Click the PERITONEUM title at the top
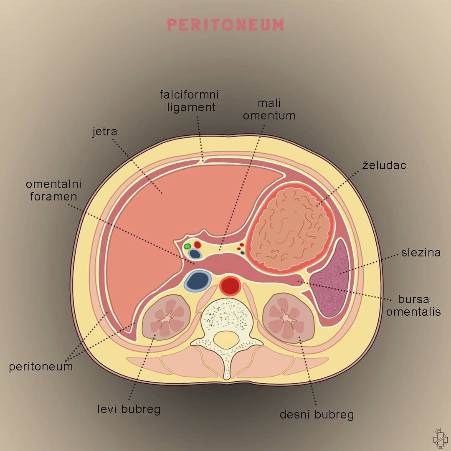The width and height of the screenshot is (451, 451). pyautogui.click(x=225, y=25)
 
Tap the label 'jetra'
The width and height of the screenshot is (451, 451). pyautogui.click(x=105, y=132)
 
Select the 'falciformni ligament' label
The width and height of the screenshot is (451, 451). pyautogui.click(x=190, y=101)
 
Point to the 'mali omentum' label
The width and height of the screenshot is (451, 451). pyautogui.click(x=269, y=109)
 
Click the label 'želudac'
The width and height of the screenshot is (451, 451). pyautogui.click(x=384, y=165)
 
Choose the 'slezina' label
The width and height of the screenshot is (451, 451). pyautogui.click(x=421, y=253)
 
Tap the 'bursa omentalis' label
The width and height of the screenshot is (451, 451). pyautogui.click(x=413, y=305)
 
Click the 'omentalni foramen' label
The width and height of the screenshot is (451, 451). pyautogui.click(x=54, y=190)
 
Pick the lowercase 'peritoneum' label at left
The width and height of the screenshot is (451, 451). pyautogui.click(x=41, y=367)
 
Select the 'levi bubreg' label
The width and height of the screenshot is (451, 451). pyautogui.click(x=129, y=409)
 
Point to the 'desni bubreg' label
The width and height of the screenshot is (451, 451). pyautogui.click(x=317, y=415)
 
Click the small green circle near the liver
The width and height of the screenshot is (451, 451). pyautogui.click(x=187, y=246)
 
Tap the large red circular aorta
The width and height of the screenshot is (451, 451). pyautogui.click(x=230, y=286)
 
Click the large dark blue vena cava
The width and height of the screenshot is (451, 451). pyautogui.click(x=198, y=281)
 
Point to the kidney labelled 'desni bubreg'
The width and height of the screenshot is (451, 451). pyautogui.click(x=289, y=318)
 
